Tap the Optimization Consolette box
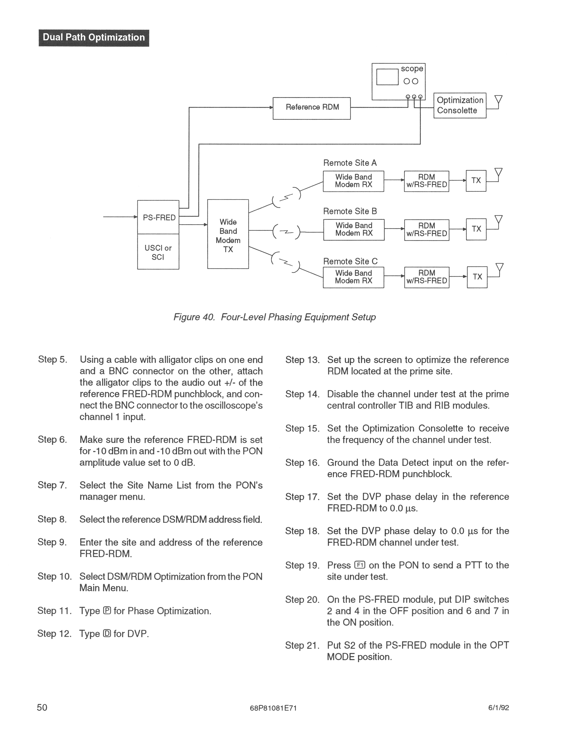coord(460,105)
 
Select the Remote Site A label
coord(350,163)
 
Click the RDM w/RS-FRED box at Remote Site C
coord(427,277)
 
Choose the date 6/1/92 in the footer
coord(498,708)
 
